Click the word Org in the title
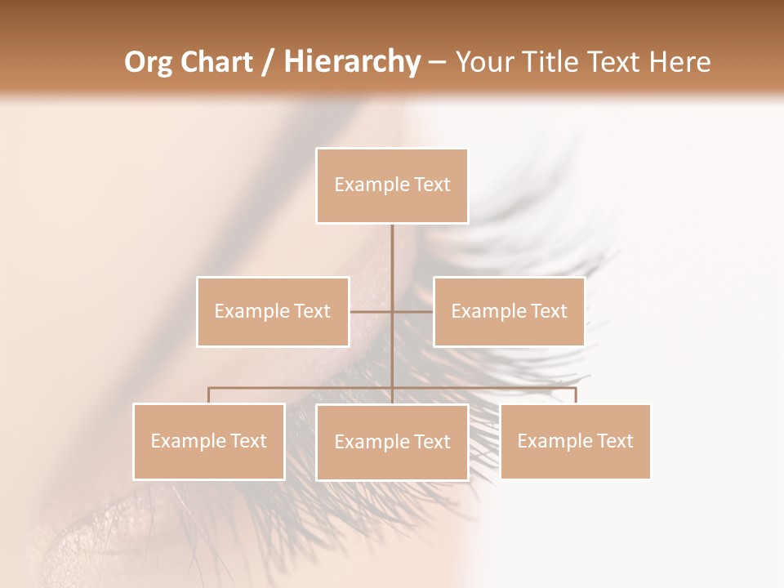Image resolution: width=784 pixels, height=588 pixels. (148, 62)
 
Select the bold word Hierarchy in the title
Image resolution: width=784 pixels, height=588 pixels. (351, 62)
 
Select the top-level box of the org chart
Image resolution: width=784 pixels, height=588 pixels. (392, 185)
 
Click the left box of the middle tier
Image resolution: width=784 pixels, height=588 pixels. (273, 311)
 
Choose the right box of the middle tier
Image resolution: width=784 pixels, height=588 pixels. (509, 311)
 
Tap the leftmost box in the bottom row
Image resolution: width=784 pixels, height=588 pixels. (209, 441)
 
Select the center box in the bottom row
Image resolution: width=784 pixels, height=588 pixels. (392, 442)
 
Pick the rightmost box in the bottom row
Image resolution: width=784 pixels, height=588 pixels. (575, 441)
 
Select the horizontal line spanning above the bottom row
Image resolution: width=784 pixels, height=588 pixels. (302, 388)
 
